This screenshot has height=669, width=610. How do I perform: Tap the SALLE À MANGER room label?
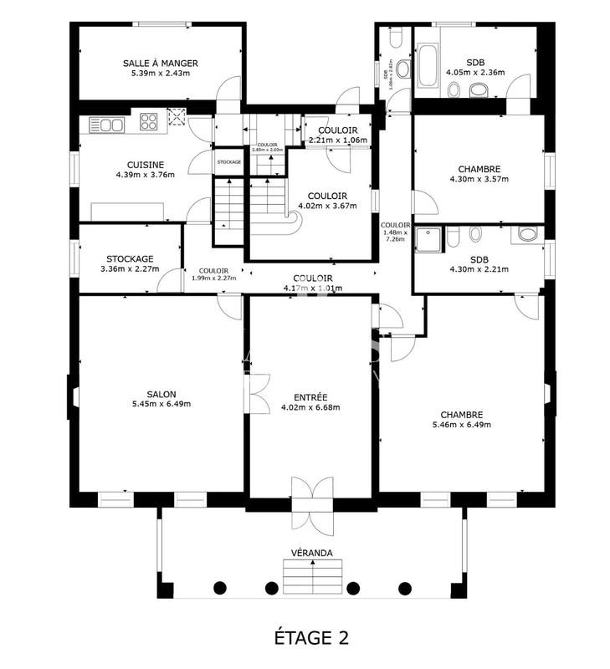point(160,63)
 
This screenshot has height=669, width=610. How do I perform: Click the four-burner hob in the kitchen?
point(150,123)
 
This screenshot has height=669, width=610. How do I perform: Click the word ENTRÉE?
point(310,396)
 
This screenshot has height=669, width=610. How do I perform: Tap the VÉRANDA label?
point(312,553)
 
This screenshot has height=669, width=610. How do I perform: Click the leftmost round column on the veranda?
point(220,586)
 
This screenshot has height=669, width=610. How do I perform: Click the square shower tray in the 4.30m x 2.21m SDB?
point(432,239)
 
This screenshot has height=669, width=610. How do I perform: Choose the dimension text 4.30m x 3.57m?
point(479,179)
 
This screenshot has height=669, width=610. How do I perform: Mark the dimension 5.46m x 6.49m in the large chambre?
point(462,425)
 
